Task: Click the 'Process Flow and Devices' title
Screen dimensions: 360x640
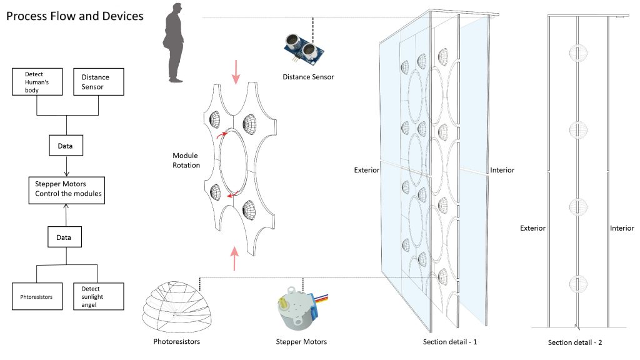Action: (74, 16)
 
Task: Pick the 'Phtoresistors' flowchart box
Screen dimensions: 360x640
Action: (36, 296)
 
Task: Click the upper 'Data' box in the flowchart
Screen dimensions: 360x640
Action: (65, 146)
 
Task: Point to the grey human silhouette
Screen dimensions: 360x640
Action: (174, 42)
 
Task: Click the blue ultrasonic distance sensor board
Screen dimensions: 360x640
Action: (302, 49)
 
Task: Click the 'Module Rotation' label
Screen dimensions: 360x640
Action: (186, 161)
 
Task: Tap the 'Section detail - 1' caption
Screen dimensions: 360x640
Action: (449, 342)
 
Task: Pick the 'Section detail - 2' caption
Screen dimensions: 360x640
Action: (574, 342)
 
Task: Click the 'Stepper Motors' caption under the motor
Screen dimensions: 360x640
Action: (301, 342)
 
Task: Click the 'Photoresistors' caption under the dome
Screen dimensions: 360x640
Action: (177, 342)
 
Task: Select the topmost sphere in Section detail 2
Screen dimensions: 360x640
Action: (578, 52)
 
